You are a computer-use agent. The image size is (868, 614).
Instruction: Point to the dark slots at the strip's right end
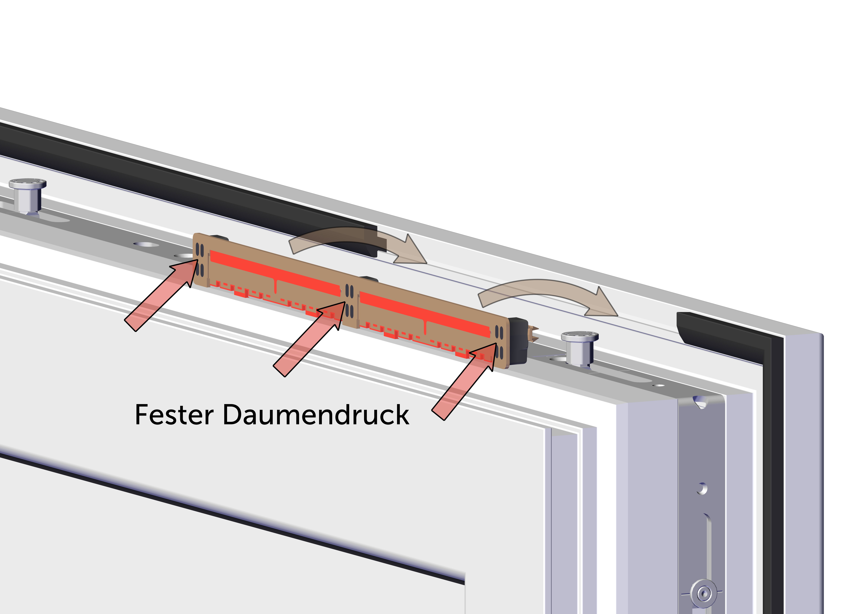(x=499, y=342)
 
